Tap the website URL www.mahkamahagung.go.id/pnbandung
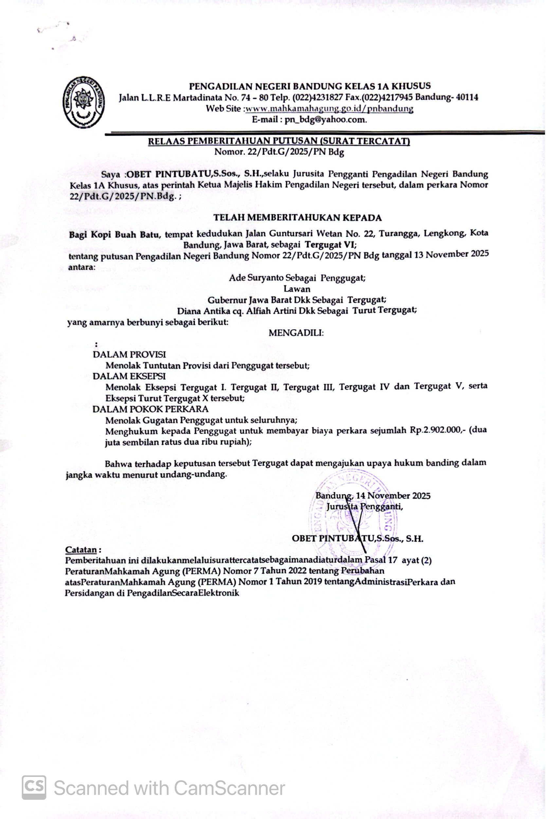coord(329,109)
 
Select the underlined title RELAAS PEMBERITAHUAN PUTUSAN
coord(279,142)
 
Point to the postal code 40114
coord(466,97)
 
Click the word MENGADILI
coord(296,333)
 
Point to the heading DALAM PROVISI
coord(129,355)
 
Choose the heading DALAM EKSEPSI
coord(129,376)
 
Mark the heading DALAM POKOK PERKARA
coord(151,409)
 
